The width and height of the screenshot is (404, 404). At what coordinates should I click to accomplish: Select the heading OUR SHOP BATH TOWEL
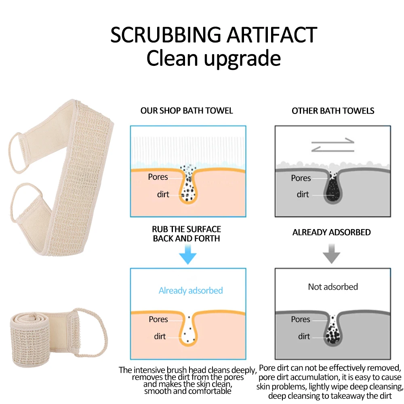(x=187, y=111)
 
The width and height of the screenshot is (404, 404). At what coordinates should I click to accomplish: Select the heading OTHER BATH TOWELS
(x=333, y=111)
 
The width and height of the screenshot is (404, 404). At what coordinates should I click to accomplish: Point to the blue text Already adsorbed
(x=190, y=290)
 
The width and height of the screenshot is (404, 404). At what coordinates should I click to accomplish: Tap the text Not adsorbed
(x=333, y=287)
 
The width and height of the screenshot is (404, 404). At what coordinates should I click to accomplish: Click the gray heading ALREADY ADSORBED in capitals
(x=332, y=232)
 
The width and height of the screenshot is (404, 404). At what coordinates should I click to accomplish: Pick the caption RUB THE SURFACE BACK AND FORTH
(x=187, y=234)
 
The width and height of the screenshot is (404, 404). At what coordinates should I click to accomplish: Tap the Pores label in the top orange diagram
(x=158, y=177)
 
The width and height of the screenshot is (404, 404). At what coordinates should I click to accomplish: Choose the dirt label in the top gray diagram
(x=303, y=194)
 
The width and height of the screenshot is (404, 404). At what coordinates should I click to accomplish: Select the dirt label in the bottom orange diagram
(x=160, y=336)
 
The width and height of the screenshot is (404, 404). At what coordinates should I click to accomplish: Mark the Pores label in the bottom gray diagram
(x=301, y=319)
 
